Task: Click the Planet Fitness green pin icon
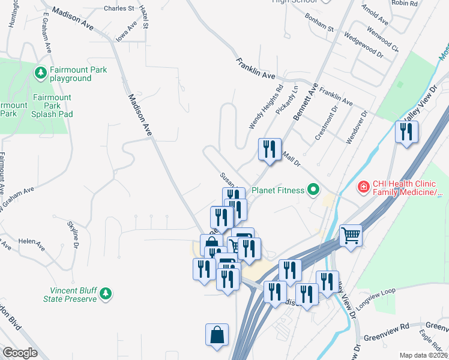click(312, 190)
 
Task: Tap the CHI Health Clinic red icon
click(363, 188)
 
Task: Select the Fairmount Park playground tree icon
click(41, 73)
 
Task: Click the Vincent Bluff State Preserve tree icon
click(106, 293)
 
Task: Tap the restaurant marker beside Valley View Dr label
click(406, 132)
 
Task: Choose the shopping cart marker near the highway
click(351, 235)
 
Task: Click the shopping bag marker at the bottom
click(217, 335)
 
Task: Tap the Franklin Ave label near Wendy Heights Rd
click(255, 69)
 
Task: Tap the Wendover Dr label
click(356, 126)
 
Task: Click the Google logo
click(20, 352)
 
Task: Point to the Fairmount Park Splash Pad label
click(52, 106)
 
